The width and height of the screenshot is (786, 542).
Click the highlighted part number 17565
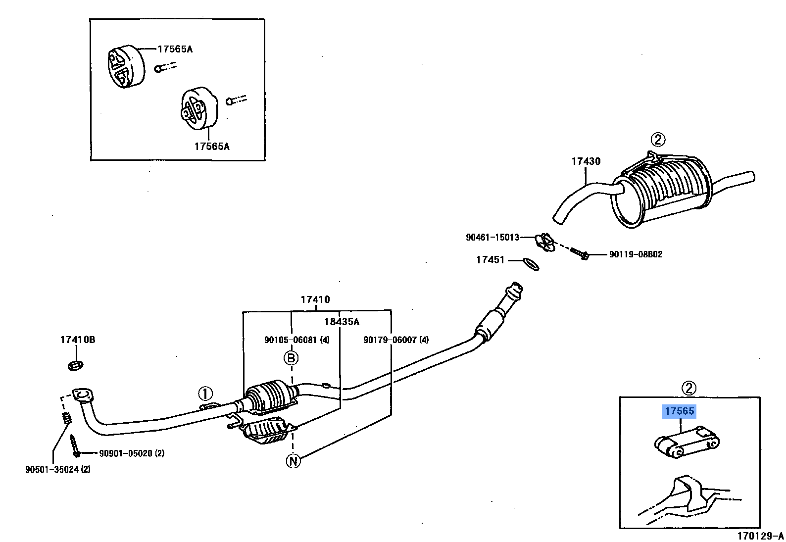coord(679,411)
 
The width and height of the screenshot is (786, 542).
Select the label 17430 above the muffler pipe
coord(586,161)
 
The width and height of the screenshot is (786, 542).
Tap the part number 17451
coord(490,260)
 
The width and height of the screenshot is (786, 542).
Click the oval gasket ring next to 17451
coord(531,264)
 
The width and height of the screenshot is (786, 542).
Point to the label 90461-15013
coord(492,237)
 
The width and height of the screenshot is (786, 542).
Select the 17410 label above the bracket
coord(315,299)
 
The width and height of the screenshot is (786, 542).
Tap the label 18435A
coord(342,322)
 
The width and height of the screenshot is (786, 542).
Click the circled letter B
coord(291,358)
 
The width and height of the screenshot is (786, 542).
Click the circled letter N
coord(293,461)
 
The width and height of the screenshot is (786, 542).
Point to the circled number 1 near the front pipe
coord(205,394)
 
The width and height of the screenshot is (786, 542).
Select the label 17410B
coord(77,340)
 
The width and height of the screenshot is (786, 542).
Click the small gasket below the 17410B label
coord(75,365)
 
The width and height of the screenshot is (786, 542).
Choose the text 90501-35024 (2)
coord(58,469)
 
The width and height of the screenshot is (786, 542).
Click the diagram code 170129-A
coord(760,536)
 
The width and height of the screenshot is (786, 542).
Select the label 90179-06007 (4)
coord(396,340)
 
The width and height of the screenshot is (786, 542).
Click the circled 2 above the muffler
coord(657,140)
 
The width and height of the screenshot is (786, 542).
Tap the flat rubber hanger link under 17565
coord(687,442)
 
